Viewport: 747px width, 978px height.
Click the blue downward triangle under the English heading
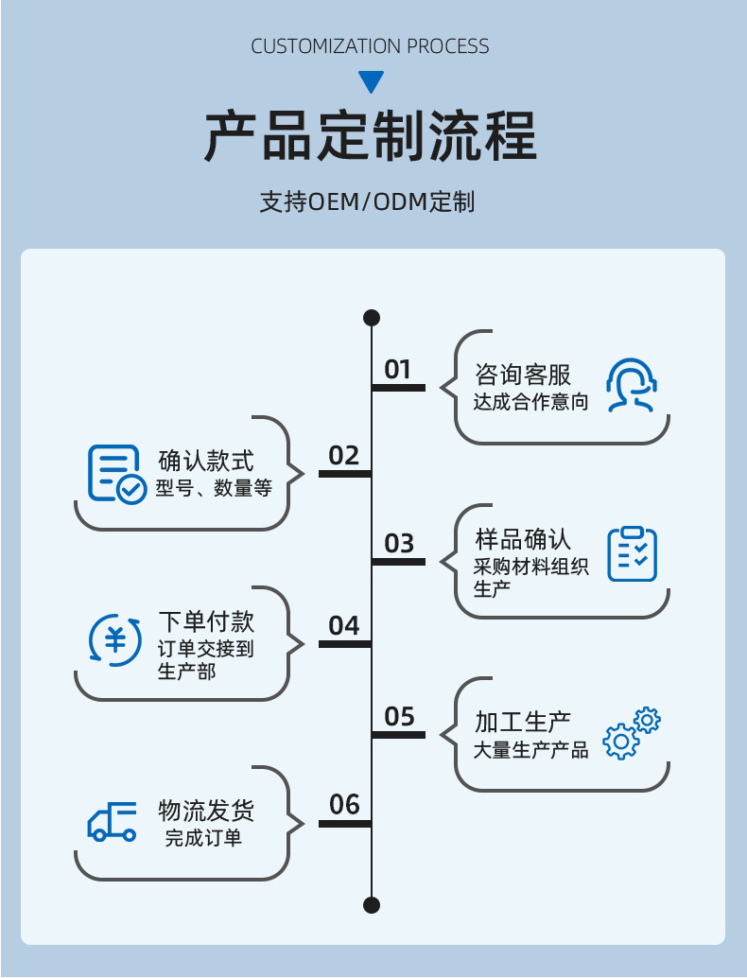(372, 81)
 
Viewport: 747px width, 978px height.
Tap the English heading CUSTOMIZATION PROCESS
(371, 46)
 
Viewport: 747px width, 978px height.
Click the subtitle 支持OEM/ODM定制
(367, 201)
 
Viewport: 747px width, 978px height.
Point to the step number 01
(398, 369)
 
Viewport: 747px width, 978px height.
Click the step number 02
(344, 456)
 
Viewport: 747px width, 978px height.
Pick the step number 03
(399, 543)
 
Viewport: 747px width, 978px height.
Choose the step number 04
(344, 625)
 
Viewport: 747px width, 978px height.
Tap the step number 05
(399, 716)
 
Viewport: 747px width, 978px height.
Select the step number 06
(344, 804)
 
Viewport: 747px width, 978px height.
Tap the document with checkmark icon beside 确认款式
(116, 473)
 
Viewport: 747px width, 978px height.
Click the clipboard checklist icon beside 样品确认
(632, 554)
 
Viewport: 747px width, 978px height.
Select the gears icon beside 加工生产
(632, 733)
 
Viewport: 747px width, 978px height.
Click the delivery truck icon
(113, 822)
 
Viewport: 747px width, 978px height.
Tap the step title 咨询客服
(523, 374)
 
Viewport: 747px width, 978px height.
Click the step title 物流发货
(206, 811)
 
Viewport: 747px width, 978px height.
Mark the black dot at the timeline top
(372, 317)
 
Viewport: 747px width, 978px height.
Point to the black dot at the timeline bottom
(372, 905)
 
